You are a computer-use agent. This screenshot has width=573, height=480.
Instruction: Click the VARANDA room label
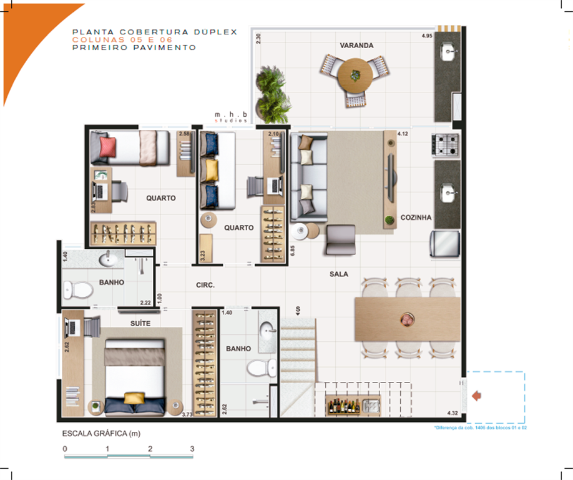[x=356, y=46]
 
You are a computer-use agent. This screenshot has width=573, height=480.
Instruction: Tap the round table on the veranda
[x=355, y=75]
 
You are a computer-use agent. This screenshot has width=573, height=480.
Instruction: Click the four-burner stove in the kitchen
[x=446, y=146]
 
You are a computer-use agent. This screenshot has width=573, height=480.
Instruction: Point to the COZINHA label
[x=416, y=218]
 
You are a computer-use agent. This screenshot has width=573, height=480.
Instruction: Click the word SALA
[x=339, y=274]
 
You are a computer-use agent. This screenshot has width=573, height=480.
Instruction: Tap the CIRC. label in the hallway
[x=205, y=285]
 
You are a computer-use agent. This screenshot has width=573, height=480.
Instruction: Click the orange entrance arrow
[x=477, y=395]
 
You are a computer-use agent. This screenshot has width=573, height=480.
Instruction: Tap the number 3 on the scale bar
[x=192, y=449]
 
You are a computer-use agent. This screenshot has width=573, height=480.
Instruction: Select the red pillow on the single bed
[x=107, y=147]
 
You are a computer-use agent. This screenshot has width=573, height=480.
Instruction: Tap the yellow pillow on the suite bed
[x=132, y=398]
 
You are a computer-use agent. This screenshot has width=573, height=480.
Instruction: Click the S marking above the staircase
[x=298, y=309]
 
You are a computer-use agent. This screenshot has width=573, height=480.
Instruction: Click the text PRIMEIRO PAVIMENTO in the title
[x=134, y=47]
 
